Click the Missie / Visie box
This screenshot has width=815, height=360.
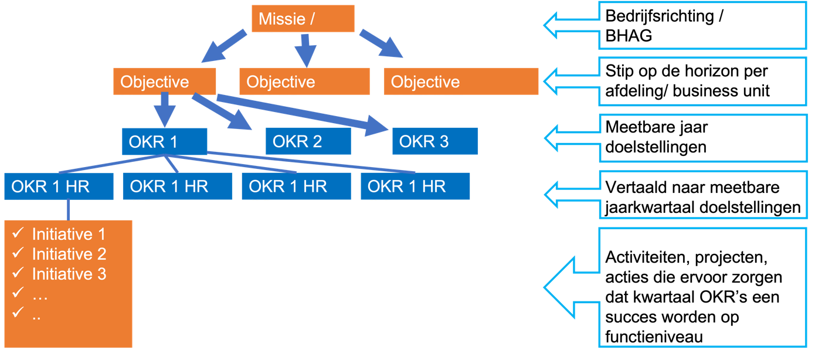pos(303,18)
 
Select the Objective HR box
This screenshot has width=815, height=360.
pos(164,81)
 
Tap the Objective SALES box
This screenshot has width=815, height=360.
pos(304,81)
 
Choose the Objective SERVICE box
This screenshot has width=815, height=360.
pos(460,81)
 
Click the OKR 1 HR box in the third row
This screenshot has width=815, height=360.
pos(164,141)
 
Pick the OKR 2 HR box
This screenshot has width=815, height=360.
pos(308,141)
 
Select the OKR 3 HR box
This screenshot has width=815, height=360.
pos(434,141)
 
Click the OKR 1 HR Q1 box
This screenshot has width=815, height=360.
pos(58,186)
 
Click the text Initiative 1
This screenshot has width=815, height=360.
pos(69,235)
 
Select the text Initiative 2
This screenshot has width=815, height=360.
pos(69,254)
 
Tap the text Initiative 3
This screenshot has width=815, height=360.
pos(69,274)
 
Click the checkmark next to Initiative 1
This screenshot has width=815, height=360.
pos(18,233)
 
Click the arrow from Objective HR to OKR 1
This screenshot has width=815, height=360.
pos(164,109)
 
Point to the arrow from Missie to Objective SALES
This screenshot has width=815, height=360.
pos(304,50)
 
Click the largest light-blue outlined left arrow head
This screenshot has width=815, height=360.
pos(560,288)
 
